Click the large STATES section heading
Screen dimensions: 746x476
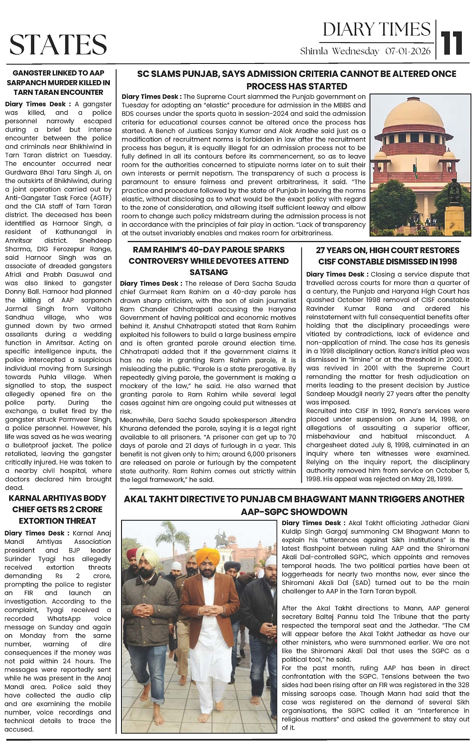[x=58, y=45]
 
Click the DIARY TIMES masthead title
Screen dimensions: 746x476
[x=377, y=30]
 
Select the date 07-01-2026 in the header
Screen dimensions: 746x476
[x=408, y=51]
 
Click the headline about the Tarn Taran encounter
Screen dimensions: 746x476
[x=58, y=82]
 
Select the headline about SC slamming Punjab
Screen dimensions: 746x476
[x=296, y=80]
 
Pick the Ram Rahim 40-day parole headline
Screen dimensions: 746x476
[x=208, y=261]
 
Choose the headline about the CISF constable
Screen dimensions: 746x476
[x=388, y=256]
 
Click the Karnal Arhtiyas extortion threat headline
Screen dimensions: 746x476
[x=58, y=509]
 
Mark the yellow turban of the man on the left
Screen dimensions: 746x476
[x=147, y=554]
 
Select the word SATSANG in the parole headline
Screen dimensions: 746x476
[x=208, y=272]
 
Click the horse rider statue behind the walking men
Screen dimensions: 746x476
[x=220, y=539]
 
